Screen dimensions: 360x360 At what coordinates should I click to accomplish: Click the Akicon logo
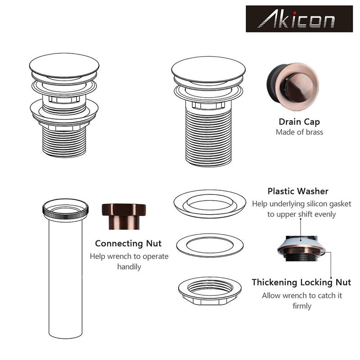299,19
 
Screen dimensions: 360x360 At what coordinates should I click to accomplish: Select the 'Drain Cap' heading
299,121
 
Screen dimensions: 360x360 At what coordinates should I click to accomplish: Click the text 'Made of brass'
299,132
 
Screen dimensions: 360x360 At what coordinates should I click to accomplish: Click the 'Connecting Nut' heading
128,243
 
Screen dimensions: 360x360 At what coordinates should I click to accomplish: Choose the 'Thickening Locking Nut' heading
301,283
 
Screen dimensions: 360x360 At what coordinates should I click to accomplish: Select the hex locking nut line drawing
210,290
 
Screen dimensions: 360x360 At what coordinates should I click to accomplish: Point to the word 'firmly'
301,306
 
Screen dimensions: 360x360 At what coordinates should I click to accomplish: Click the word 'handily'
129,267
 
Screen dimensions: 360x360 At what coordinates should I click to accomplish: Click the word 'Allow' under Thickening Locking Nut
272,296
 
